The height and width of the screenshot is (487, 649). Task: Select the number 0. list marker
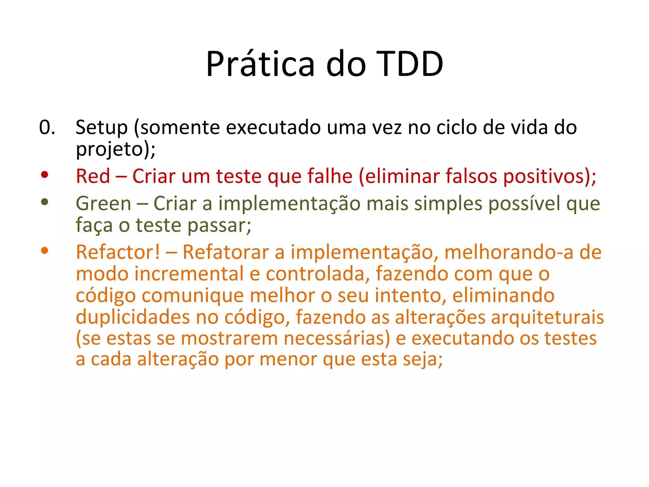coord(47,127)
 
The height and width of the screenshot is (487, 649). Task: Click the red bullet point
coord(45,174)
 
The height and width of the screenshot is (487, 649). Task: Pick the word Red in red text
coord(93,176)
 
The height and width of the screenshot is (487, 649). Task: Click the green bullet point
coord(45,202)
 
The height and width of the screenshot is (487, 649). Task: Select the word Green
coord(103,204)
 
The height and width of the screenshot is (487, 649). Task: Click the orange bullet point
coord(45,251)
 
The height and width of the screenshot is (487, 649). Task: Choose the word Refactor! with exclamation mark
coord(118,252)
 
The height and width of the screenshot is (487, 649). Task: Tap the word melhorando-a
coord(509,252)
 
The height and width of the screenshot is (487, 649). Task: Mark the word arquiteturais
coord(547,317)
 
